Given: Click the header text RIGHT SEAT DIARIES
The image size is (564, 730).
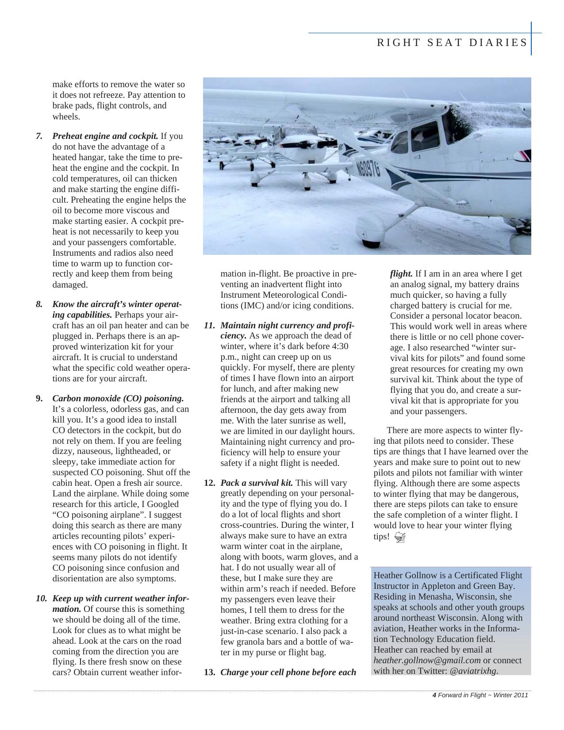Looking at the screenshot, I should pyautogui.click(x=452, y=43).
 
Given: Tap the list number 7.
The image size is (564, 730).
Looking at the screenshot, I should pyautogui.click(x=39, y=136).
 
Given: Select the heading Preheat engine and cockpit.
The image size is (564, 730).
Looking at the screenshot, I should pyautogui.click(x=105, y=136).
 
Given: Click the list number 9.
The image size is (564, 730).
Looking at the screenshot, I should pyautogui.click(x=39, y=398).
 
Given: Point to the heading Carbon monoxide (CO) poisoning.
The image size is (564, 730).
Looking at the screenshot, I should pyautogui.click(x=118, y=398).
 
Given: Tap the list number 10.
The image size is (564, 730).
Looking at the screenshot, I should pyautogui.click(x=41, y=599).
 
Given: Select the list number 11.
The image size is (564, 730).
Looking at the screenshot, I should pyautogui.click(x=209, y=326).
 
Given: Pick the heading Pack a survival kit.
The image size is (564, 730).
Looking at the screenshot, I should pyautogui.click(x=257, y=483).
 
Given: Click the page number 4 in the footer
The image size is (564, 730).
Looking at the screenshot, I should pyautogui.click(x=434, y=695).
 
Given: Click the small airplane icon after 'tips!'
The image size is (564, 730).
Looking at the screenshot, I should pyautogui.click(x=399, y=537).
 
